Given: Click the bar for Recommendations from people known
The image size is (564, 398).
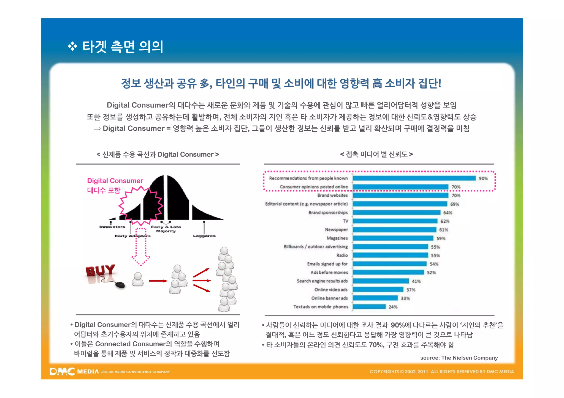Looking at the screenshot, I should pyautogui.click(x=414, y=178).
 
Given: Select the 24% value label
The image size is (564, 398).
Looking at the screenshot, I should pyautogui.click(x=393, y=307).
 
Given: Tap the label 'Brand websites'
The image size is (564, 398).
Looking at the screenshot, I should pyautogui.click(x=332, y=195).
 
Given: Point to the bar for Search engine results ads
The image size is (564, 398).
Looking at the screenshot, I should pyautogui.click(x=381, y=281).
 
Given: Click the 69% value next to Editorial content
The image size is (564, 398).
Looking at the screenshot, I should pyautogui.click(x=454, y=204).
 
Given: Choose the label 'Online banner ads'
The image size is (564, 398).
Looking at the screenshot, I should pyautogui.click(x=329, y=298).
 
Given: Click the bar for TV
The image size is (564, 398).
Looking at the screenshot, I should pyautogui.click(x=395, y=221).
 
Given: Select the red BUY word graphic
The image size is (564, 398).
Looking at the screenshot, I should pyautogui.click(x=100, y=271).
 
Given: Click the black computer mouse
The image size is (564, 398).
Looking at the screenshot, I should pyautogui.click(x=120, y=285).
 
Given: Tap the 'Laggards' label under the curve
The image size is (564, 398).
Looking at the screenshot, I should pyautogui.click(x=204, y=236).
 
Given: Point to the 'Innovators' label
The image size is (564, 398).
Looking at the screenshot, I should pyautogui.click(x=112, y=227).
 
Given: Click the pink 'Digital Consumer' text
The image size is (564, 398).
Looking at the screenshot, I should pyautogui.click(x=115, y=181).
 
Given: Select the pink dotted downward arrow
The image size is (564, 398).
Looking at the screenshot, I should pyautogui.click(x=141, y=246).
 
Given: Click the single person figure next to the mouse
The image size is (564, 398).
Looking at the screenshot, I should pyautogui.click(x=138, y=279).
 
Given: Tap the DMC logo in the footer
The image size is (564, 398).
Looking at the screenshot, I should pyautogui.click(x=62, y=372).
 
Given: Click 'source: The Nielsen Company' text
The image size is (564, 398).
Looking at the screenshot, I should pyautogui.click(x=459, y=358).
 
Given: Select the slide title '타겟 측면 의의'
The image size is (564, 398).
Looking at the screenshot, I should pyautogui.click(x=123, y=47).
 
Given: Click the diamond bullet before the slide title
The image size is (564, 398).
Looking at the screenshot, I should pyautogui.click(x=72, y=46).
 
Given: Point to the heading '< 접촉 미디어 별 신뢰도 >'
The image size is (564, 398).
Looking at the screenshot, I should pyautogui.click(x=376, y=154).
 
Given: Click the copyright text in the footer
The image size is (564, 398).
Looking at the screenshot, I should pyautogui.click(x=441, y=372).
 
